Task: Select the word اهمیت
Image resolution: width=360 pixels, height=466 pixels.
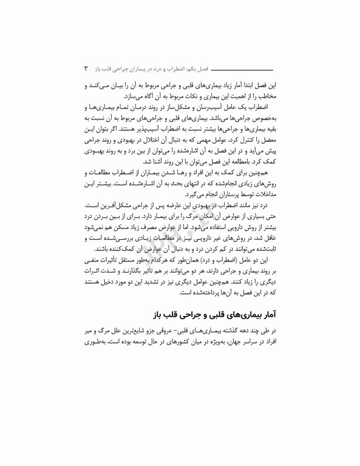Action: coord(228,96)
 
